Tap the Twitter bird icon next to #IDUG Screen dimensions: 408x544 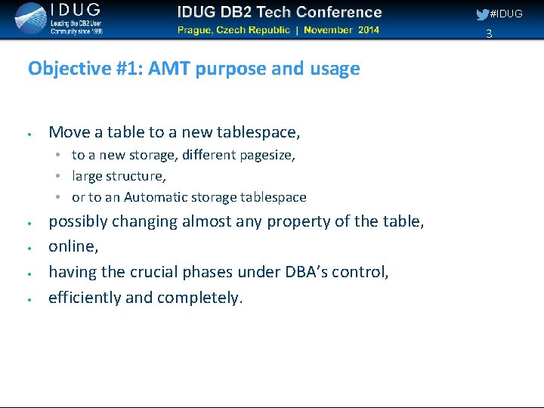click(x=482, y=14)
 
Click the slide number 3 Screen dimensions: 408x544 click(x=489, y=33)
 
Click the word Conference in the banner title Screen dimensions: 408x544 click(x=338, y=12)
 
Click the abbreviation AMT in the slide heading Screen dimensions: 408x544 click(x=169, y=69)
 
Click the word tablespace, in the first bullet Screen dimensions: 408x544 click(x=258, y=132)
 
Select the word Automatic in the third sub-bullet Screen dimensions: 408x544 click(x=154, y=197)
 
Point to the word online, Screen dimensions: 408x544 click(x=73, y=247)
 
